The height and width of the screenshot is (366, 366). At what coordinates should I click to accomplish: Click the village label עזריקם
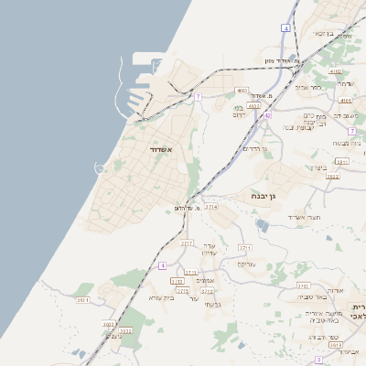point(248,264)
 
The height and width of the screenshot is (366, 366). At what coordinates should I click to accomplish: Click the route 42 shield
point(267,115)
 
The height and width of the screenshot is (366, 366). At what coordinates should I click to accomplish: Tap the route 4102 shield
point(336,71)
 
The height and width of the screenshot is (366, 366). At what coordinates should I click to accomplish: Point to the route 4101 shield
point(345,100)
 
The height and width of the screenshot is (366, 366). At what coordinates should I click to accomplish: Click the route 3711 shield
point(244,247)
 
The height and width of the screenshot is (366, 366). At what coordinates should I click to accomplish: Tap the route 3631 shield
point(83,299)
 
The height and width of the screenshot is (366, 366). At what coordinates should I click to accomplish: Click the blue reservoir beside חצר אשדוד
point(264,225)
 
